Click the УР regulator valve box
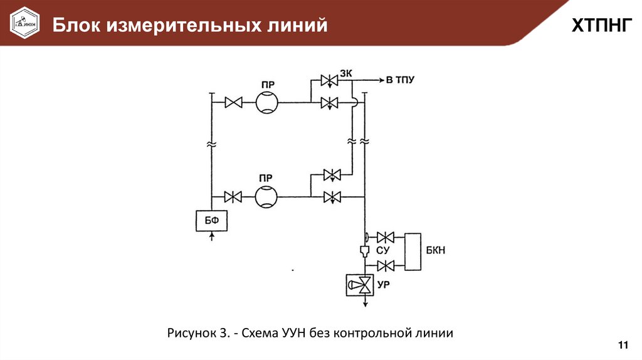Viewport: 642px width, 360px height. click(361, 286)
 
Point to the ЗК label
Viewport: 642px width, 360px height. click(346, 73)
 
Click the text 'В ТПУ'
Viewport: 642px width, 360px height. click(399, 80)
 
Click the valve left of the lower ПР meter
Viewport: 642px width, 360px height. click(234, 197)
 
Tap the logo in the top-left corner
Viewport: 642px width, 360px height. click(24, 24)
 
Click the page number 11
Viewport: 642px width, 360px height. click(623, 346)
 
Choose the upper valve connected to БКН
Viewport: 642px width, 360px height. click(385, 237)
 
